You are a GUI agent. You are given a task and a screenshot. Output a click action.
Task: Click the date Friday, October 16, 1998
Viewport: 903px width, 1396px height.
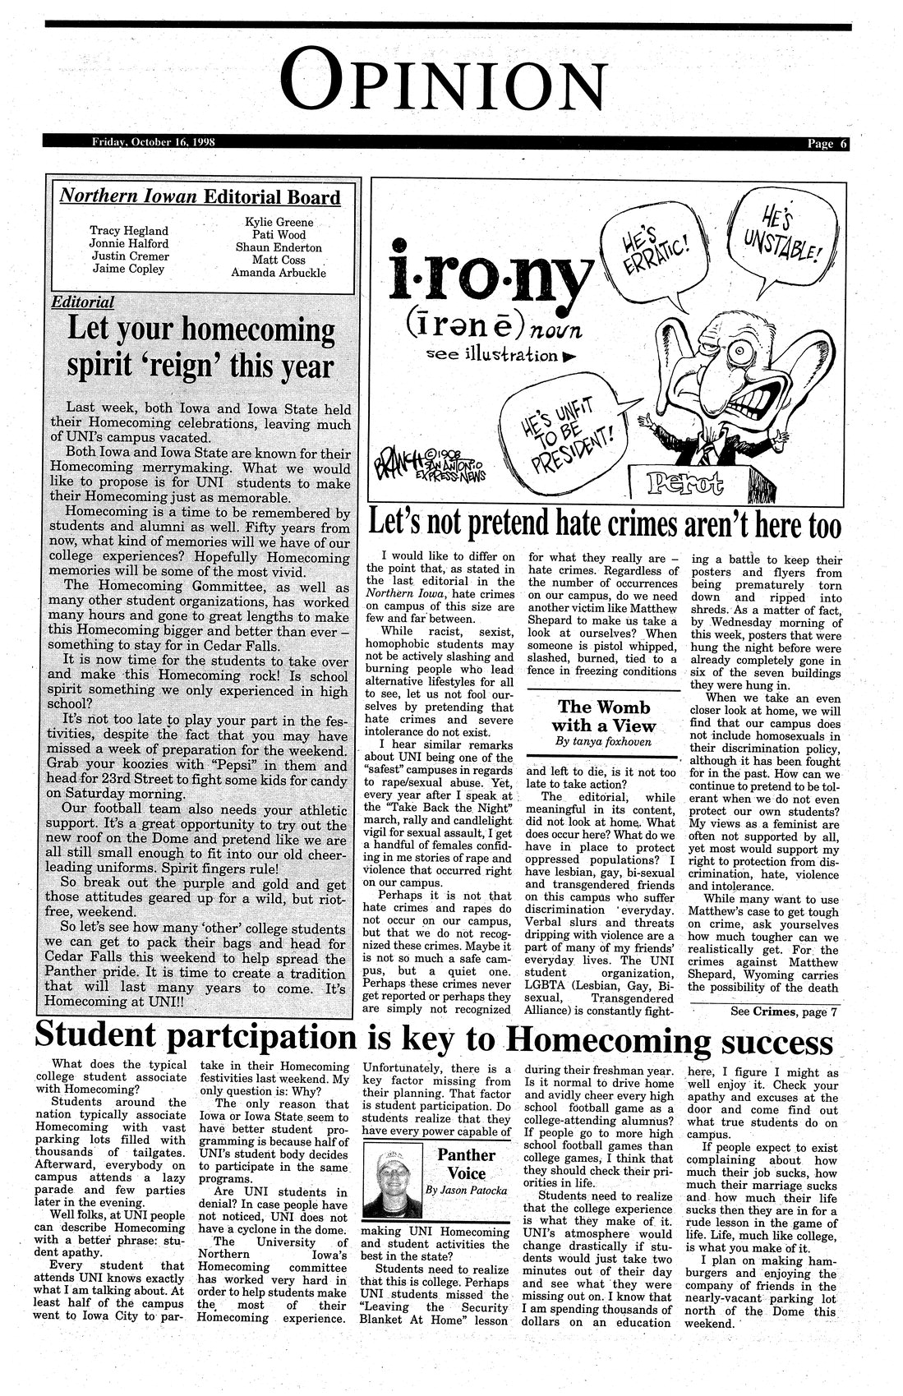(x=154, y=141)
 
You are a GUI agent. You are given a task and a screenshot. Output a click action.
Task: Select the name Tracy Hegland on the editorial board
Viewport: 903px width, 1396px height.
(x=129, y=231)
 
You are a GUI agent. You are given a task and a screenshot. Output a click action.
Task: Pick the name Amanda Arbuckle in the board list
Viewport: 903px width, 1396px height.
(x=279, y=273)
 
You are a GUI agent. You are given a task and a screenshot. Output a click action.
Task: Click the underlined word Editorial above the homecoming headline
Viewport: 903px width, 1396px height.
(x=82, y=302)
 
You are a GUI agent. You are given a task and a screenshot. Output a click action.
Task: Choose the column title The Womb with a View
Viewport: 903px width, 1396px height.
(x=604, y=716)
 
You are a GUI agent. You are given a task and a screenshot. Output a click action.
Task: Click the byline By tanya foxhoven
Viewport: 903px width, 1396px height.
(x=603, y=741)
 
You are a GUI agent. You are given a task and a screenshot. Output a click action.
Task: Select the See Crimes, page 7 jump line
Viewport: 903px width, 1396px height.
(x=784, y=1011)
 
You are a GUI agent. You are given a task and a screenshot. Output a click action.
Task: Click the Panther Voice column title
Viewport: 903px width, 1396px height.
(x=465, y=1163)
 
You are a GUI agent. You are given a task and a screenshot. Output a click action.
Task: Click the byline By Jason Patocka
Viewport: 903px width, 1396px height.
(x=467, y=1190)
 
